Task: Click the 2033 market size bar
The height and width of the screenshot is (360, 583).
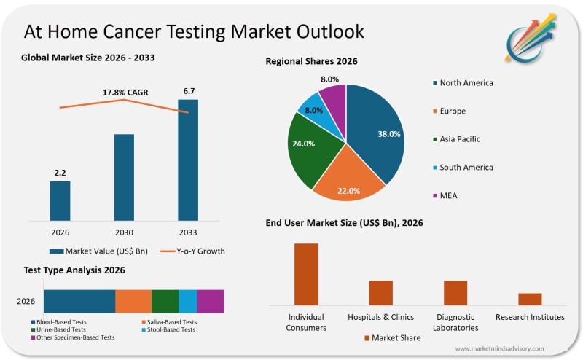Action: coord(188,159)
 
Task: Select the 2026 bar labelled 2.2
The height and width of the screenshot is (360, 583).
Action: coord(60,200)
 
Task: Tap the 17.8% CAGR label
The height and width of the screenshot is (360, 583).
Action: coord(124,93)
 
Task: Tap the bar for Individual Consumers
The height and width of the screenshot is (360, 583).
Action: coord(306,274)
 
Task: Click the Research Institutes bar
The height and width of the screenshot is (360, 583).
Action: coord(530,299)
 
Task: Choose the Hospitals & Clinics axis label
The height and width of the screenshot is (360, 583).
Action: coord(380,317)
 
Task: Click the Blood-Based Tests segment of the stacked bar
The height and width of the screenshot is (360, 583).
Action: coord(79,301)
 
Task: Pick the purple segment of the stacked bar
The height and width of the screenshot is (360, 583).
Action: coord(210,301)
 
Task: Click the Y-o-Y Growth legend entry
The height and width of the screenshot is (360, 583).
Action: coord(193,251)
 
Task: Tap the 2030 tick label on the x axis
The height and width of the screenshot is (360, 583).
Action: coord(124,232)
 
